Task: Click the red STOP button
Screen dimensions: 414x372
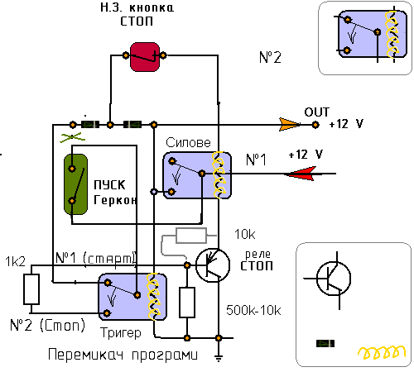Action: [145, 57]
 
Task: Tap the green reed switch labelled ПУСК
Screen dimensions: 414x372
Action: [75, 184]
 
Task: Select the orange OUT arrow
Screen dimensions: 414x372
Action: [289, 124]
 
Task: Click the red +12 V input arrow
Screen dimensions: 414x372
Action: [301, 174]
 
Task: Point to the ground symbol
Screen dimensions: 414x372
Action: [219, 358]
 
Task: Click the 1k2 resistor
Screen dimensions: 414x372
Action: [31, 289]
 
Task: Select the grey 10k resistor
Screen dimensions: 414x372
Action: [191, 236]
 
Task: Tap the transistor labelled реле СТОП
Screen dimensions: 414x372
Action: [213, 265]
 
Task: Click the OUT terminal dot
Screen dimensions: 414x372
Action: [315, 125]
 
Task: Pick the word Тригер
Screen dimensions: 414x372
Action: [121, 333]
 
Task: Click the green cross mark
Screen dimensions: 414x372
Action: [72, 137]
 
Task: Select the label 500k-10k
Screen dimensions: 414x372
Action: [253, 310]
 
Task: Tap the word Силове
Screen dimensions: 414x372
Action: [188, 142]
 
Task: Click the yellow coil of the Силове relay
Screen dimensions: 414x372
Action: [219, 175]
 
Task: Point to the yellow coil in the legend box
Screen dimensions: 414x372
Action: [382, 352]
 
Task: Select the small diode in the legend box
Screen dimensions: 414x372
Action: [325, 344]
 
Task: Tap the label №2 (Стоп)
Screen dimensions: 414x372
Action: [47, 325]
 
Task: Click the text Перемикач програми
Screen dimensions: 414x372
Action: [123, 355]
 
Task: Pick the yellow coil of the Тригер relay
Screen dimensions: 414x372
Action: [154, 297]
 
